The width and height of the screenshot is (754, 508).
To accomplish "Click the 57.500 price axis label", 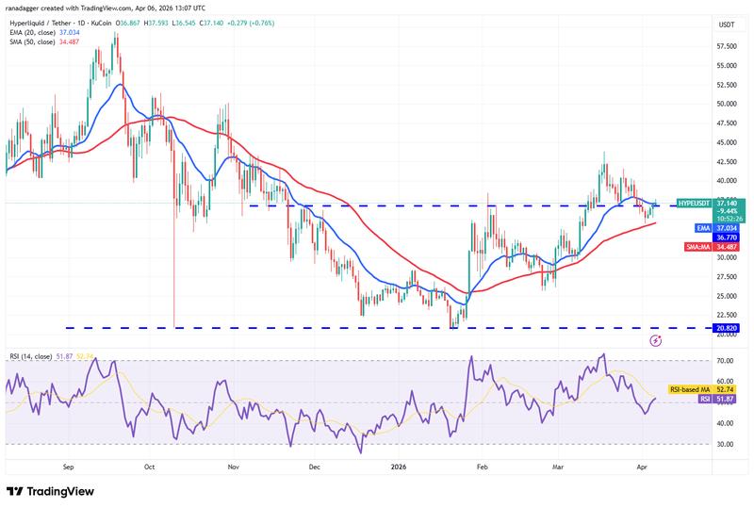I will point(726,46).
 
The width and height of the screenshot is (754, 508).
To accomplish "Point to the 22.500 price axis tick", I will point(726,315).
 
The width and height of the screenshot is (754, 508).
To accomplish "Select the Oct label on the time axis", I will point(149,466).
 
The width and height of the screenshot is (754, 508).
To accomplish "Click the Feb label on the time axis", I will point(482,466).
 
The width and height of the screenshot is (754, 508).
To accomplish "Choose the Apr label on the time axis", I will point(643,466).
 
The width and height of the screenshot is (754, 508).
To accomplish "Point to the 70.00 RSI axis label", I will point(726,361).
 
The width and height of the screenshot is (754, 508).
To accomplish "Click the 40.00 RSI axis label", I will point(726,423).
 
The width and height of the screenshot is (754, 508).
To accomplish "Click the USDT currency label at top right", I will point(726,24).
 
